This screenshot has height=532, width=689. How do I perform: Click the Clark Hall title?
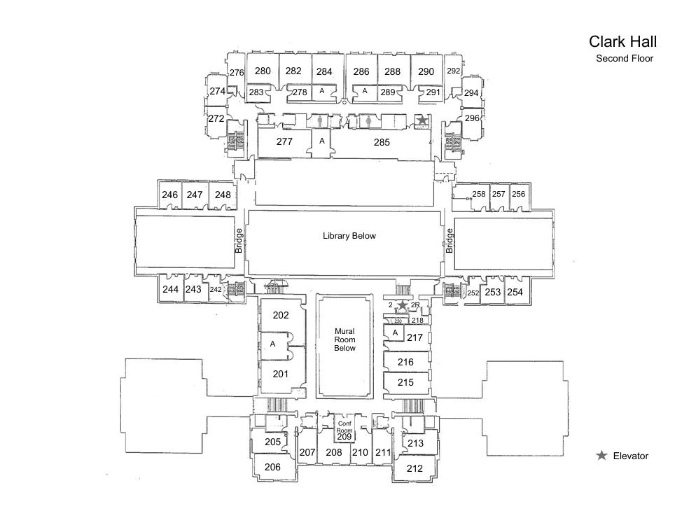[622, 42]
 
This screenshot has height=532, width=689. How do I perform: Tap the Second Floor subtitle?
[624, 59]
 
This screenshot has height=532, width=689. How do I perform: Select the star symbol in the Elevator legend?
[601, 456]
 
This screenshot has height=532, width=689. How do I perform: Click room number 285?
[381, 142]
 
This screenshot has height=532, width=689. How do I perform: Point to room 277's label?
[284, 142]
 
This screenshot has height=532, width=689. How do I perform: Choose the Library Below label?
[349, 236]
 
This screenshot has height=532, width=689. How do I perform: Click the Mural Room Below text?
[344, 339]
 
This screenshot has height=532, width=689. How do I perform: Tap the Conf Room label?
[344, 427]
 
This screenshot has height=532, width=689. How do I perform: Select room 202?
[280, 316]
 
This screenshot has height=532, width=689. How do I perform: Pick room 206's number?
[272, 467]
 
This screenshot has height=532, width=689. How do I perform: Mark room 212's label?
[415, 468]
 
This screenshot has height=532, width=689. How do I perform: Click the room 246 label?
[169, 195]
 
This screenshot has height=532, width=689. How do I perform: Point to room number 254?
[515, 292]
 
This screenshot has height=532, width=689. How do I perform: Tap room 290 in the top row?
[426, 71]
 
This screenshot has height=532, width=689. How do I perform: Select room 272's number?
[216, 119]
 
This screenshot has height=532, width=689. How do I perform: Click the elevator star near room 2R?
[402, 306]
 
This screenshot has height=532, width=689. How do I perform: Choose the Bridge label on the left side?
[239, 241]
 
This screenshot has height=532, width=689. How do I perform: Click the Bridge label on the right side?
[450, 241]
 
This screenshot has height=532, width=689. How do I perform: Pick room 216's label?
[405, 363]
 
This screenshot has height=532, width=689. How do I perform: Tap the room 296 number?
[472, 118]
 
